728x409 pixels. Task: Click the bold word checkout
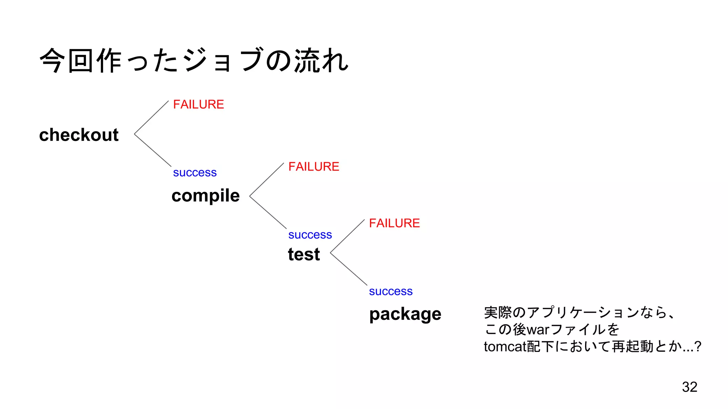79,135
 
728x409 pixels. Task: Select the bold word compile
205,196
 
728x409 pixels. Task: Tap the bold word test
304,254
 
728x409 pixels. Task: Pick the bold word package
405,314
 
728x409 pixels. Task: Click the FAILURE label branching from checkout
198,104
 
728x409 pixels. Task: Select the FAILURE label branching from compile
314,167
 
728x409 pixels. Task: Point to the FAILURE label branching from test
394,223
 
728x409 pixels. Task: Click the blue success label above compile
195,173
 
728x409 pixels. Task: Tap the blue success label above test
310,235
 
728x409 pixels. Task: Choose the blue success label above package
391,291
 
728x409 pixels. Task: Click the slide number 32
689,387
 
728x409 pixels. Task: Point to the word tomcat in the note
505,347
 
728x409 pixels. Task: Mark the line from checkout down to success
152,150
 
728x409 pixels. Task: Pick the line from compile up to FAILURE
267,179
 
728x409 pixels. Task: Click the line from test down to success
349,269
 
